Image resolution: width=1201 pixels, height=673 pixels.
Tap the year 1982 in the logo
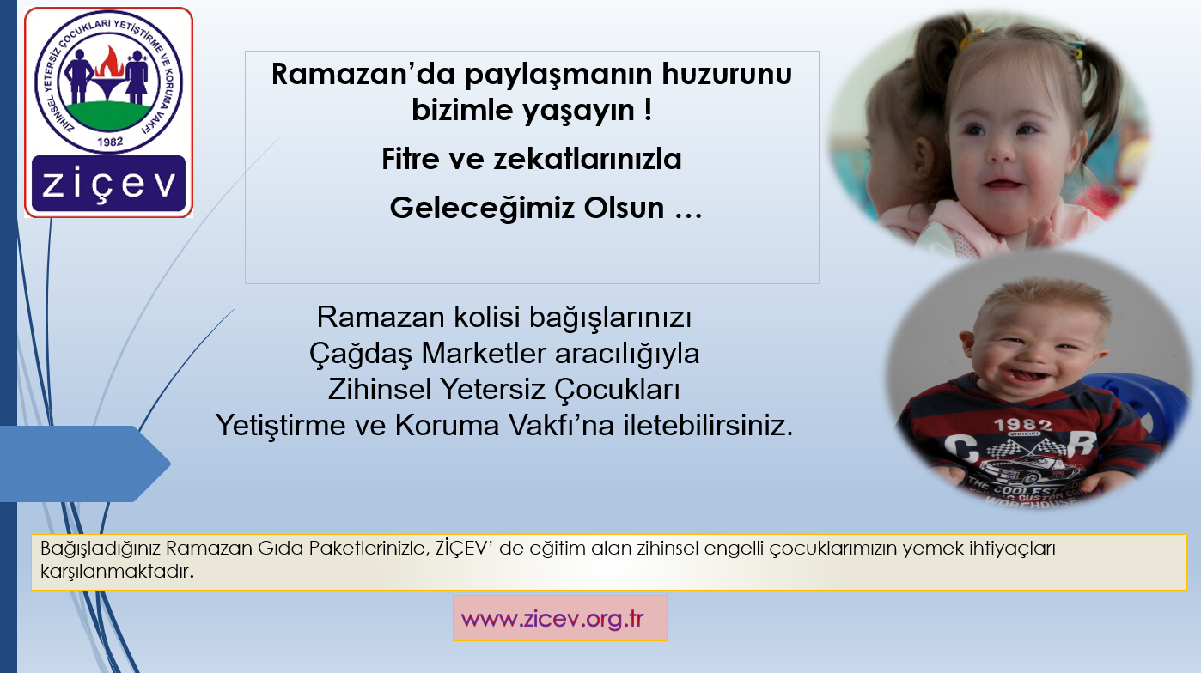pos(110,142)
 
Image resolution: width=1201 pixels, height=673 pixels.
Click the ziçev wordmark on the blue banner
pos(109,185)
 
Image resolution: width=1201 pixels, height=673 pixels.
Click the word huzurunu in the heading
pos(727,74)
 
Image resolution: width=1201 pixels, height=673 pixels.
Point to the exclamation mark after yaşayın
pos(649,110)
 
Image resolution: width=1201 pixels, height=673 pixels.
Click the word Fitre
pos(411,159)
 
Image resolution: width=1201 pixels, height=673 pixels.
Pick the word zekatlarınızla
pos(588,159)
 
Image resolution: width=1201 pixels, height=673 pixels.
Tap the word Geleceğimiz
pos(482,209)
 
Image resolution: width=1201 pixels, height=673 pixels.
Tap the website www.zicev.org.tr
pos(552,619)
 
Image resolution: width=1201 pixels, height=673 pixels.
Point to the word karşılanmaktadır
pos(117,571)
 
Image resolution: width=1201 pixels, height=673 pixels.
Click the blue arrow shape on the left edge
pos(85,464)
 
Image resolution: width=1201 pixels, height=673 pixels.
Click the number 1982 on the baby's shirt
pos(1023,425)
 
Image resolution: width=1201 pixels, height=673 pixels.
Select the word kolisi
pos(487,318)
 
